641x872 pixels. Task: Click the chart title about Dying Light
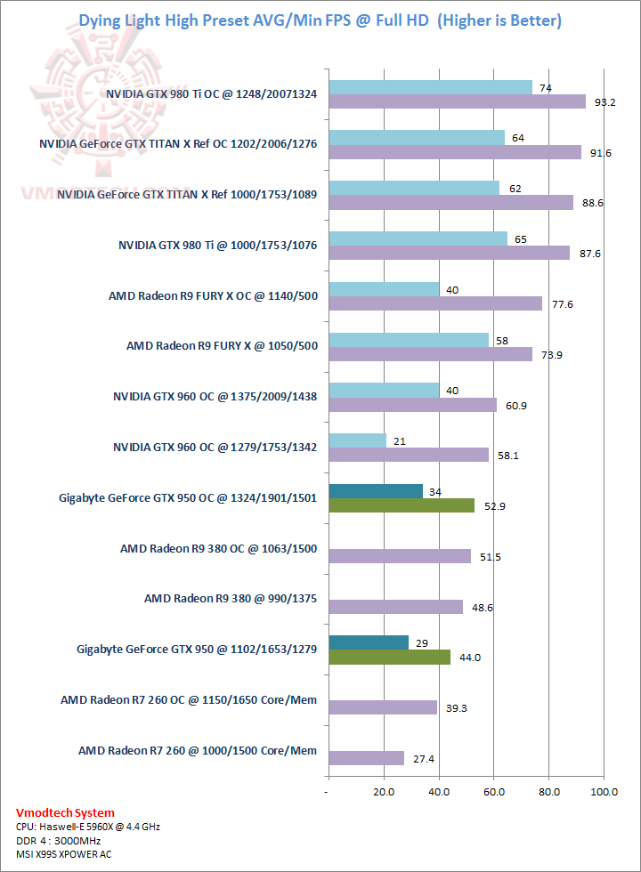(x=320, y=20)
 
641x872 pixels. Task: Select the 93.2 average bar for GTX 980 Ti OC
(x=457, y=101)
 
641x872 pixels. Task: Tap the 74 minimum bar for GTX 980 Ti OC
(x=430, y=87)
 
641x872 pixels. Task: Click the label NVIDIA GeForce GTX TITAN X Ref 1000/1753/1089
(x=187, y=193)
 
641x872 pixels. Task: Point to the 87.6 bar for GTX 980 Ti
(x=449, y=253)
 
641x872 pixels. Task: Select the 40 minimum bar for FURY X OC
(x=384, y=289)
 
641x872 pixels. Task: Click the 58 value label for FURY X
(x=501, y=340)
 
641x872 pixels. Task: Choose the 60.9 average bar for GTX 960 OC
(x=412, y=405)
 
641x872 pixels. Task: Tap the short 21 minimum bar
(x=357, y=440)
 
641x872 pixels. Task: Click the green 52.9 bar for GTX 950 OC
(x=401, y=505)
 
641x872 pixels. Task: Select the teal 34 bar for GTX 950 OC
(x=375, y=491)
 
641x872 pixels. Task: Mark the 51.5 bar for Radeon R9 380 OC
(x=399, y=556)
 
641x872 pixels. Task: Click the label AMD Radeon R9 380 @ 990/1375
(x=231, y=599)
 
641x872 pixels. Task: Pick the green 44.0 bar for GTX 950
(x=389, y=657)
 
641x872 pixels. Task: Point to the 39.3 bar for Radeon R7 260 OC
(x=382, y=707)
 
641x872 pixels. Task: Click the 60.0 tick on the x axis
(x=493, y=791)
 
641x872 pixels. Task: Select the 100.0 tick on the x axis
(x=604, y=791)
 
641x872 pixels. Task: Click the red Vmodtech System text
(x=65, y=812)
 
